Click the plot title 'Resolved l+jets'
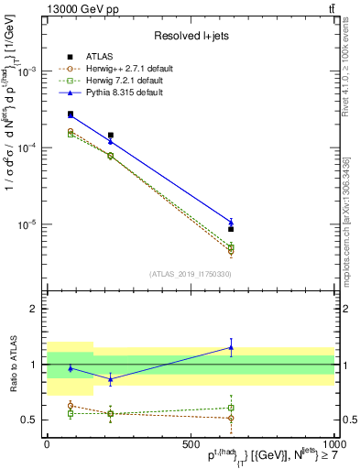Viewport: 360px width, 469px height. (190, 36)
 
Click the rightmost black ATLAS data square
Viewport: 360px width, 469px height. (231, 230)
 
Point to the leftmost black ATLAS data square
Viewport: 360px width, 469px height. (71, 115)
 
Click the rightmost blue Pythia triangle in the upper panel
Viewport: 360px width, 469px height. (231, 222)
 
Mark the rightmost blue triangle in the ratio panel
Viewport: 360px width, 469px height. (231, 347)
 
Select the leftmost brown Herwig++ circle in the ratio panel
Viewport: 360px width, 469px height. (71, 406)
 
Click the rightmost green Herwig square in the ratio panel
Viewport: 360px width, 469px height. (231, 408)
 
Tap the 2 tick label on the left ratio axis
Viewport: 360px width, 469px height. (35, 309)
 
